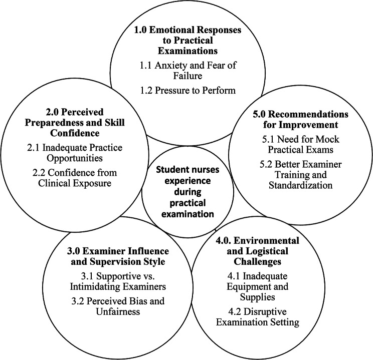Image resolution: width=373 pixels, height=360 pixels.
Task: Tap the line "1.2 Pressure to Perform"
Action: tap(187, 91)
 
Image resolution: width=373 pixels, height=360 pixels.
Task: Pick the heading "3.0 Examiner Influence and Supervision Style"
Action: tap(104, 255)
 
